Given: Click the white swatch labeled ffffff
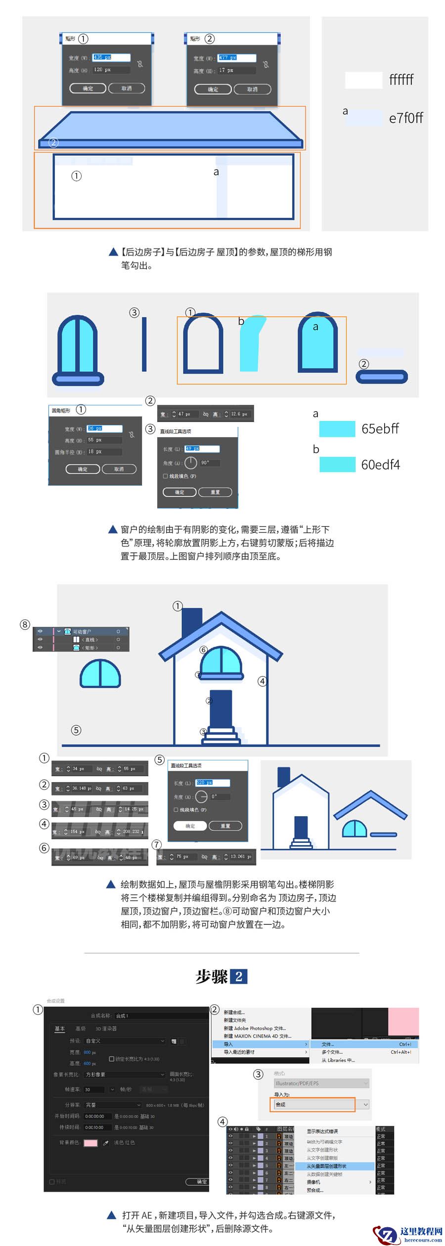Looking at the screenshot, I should pyautogui.click(x=363, y=80).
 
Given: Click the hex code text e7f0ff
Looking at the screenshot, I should pyautogui.click(x=406, y=118).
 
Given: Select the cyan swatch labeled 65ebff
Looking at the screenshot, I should pyautogui.click(x=337, y=429).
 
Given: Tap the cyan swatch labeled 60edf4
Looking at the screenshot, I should pyautogui.click(x=337, y=464).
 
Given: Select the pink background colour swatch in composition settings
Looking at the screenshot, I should pyautogui.click(x=90, y=1143).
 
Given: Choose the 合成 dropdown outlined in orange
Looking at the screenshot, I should pyautogui.click(x=312, y=1104).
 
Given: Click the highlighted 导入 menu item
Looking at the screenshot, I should pyautogui.click(x=260, y=1044).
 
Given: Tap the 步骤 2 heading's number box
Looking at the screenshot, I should pyautogui.click(x=239, y=976).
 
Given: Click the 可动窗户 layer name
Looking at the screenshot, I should pyautogui.click(x=82, y=631).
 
